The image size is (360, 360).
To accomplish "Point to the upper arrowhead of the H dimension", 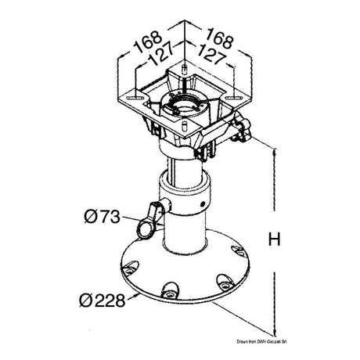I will (275, 150).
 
